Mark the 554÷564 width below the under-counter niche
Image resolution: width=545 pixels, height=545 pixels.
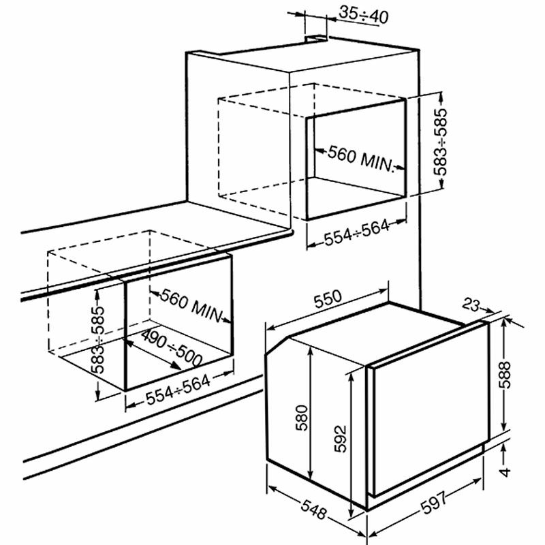coord(178,390)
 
